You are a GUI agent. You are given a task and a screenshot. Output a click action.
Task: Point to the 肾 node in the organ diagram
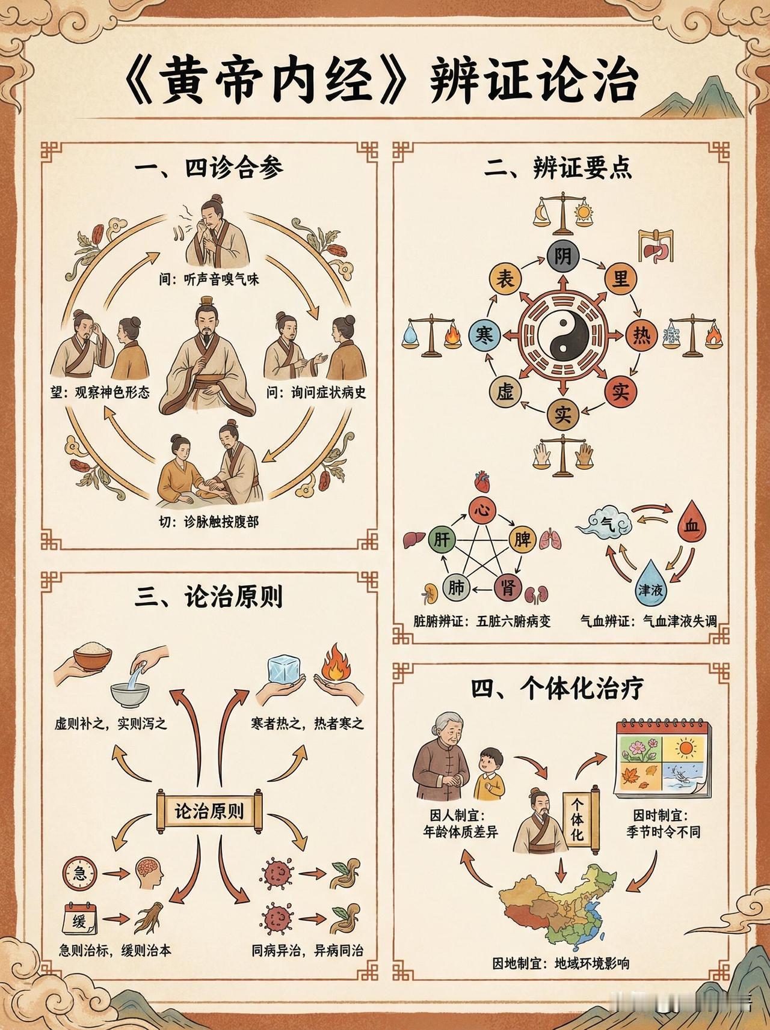(508, 586)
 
